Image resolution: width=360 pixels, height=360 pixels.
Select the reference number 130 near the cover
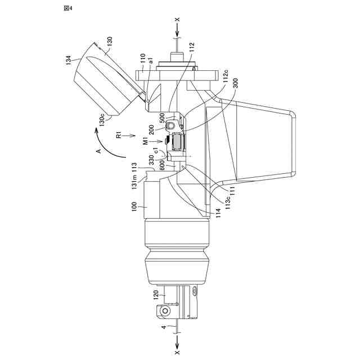[109, 41]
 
